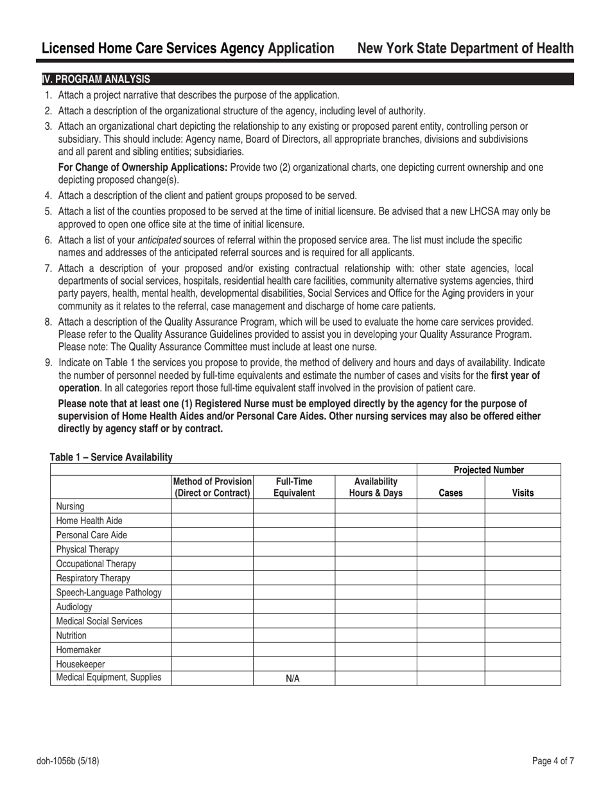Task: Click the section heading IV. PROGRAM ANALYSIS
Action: (96, 80)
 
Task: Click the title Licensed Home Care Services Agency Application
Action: (187, 49)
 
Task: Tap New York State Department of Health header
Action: (466, 49)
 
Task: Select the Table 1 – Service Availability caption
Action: (111, 457)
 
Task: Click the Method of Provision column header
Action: (213, 487)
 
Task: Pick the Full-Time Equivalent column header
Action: (294, 487)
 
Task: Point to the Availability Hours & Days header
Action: (376, 487)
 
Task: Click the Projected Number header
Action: (489, 470)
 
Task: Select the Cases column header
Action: (450, 493)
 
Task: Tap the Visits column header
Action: (522, 493)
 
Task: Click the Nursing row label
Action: (71, 507)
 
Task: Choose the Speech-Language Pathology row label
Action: (109, 592)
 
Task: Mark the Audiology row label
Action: (74, 606)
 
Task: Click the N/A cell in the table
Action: (293, 679)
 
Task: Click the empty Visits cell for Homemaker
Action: (523, 649)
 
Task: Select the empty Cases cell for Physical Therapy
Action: (451, 550)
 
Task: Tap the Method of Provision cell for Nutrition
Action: (213, 635)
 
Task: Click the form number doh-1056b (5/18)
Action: (67, 762)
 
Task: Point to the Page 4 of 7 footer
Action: (553, 762)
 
